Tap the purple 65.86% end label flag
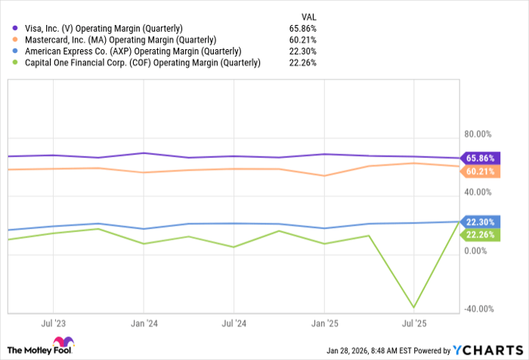(x=479, y=158)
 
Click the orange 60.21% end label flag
(x=479, y=171)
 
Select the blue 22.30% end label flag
(x=479, y=222)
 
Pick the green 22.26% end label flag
(x=479, y=235)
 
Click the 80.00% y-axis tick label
(x=478, y=135)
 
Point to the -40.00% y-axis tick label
(x=477, y=309)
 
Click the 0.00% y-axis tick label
(x=478, y=251)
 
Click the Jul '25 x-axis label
(x=413, y=323)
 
